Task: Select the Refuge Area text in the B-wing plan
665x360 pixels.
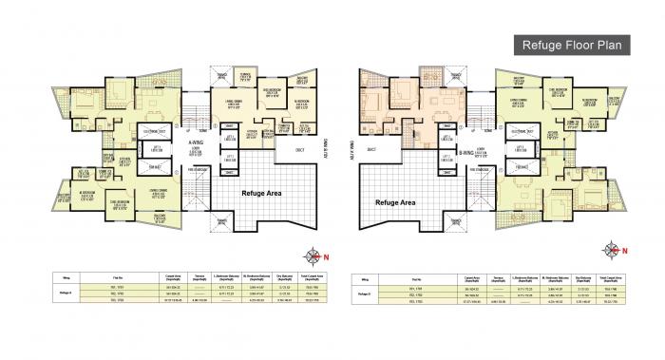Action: coord(396,202)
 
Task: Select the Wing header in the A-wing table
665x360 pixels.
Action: coord(57,276)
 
